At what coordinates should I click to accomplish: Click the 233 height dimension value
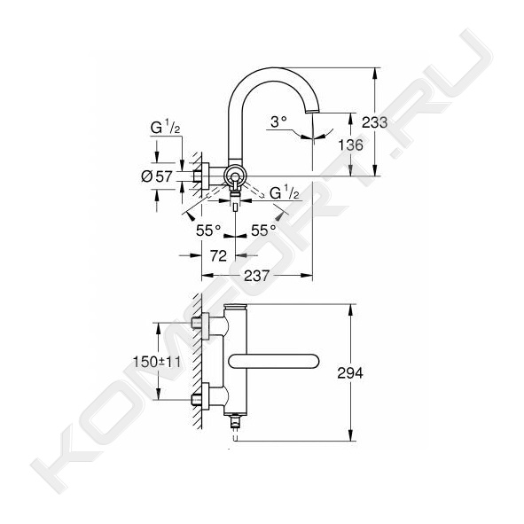click(x=375, y=122)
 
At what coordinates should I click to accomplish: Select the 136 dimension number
click(x=350, y=145)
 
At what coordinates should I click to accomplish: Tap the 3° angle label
click(x=278, y=121)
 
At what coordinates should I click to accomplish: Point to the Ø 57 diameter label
click(x=157, y=176)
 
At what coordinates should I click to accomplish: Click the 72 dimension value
click(x=219, y=255)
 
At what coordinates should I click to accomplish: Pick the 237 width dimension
click(x=256, y=276)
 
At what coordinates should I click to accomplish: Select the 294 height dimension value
click(x=350, y=373)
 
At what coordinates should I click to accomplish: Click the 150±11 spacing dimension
click(x=157, y=362)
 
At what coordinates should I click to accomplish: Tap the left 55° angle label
click(x=208, y=231)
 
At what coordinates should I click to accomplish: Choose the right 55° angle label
click(x=263, y=231)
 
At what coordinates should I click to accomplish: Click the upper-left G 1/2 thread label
click(x=165, y=128)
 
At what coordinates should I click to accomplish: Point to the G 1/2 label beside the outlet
click(x=285, y=192)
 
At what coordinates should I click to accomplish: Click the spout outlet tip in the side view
click(x=313, y=112)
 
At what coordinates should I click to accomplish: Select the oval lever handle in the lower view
click(x=274, y=361)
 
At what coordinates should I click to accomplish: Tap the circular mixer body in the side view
click(x=235, y=176)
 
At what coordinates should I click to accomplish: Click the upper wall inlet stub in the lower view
click(x=196, y=323)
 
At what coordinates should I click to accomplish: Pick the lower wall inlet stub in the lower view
click(x=196, y=399)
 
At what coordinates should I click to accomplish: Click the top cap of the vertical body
click(x=236, y=307)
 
